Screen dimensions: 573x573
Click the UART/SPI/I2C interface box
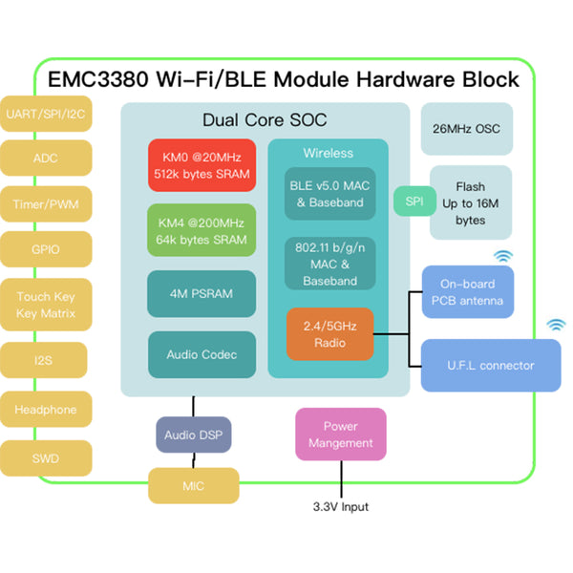(45, 115)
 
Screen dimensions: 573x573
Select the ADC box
(45, 159)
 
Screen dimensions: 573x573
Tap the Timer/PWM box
(45, 203)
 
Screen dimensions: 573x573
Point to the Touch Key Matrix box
(45, 305)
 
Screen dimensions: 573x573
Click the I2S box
(45, 360)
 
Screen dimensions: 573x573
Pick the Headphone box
(45, 410)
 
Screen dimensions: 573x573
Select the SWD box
(45, 458)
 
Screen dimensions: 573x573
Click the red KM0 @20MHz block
(202, 165)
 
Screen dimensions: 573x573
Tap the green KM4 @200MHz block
(202, 229)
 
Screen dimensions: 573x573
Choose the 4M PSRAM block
(202, 293)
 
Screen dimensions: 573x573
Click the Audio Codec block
(202, 354)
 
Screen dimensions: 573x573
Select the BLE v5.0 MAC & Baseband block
(329, 193)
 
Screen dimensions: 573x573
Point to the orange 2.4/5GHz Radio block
(329, 334)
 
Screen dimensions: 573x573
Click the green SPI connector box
(414, 202)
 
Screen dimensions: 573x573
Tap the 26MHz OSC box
(466, 129)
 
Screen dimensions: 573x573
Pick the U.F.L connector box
(491, 365)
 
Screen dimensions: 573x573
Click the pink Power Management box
(341, 435)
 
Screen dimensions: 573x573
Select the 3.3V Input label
(340, 507)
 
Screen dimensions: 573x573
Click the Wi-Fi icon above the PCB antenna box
(502, 256)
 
